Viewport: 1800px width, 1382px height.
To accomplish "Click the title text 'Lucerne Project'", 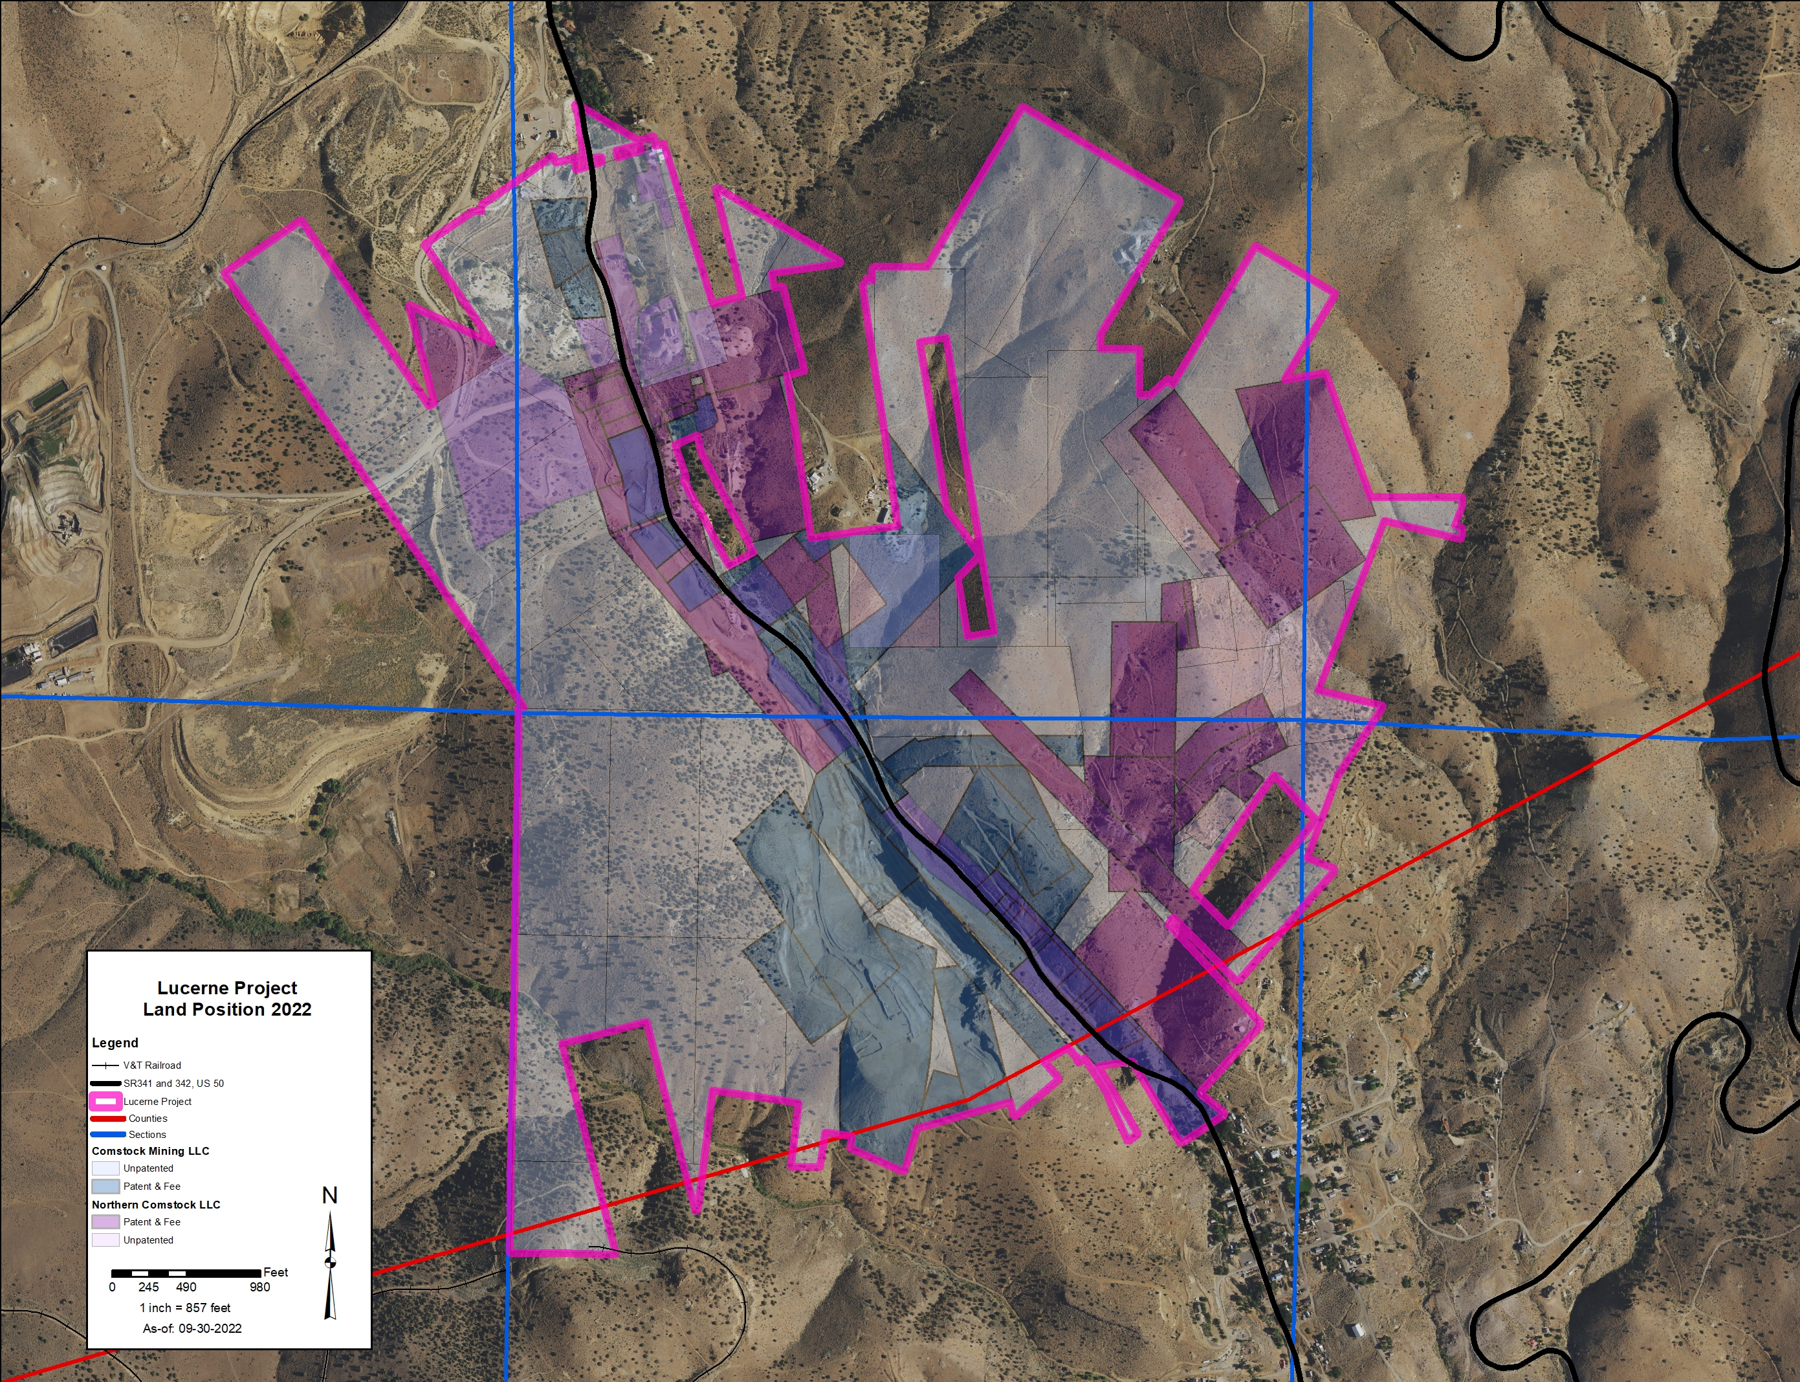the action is tap(227, 988).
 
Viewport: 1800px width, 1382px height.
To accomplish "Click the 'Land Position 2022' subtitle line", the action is tap(227, 1009).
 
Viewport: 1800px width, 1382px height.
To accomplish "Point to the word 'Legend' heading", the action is tap(115, 1043).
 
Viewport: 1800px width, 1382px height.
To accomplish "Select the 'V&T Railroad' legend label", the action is tap(152, 1065).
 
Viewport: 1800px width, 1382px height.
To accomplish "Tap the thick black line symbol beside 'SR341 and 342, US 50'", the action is tap(105, 1084).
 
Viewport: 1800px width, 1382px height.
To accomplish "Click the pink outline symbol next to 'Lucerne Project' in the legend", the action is tap(105, 1102).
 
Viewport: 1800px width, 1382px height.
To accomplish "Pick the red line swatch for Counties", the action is tap(107, 1119).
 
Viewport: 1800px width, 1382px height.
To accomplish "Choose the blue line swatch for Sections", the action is tap(107, 1134).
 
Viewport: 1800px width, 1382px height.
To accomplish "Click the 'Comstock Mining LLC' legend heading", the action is tap(151, 1151).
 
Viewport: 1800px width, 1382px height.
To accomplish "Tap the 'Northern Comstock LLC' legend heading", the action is tap(156, 1204).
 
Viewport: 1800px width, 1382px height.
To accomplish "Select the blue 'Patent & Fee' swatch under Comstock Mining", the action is tap(105, 1187).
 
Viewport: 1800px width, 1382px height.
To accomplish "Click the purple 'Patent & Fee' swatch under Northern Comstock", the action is tap(105, 1222).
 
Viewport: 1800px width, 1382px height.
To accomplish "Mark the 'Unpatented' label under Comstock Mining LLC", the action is tap(148, 1168).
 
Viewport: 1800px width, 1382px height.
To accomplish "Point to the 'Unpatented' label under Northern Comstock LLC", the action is tap(148, 1240).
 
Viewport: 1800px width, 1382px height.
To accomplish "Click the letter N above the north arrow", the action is tap(330, 1196).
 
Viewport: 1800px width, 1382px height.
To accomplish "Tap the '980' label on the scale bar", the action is tap(260, 1287).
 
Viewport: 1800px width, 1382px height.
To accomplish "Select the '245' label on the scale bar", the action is tap(149, 1287).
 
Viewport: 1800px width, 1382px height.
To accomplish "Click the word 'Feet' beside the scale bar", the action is tap(276, 1273).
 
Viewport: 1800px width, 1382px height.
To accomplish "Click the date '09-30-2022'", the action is tap(210, 1328).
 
